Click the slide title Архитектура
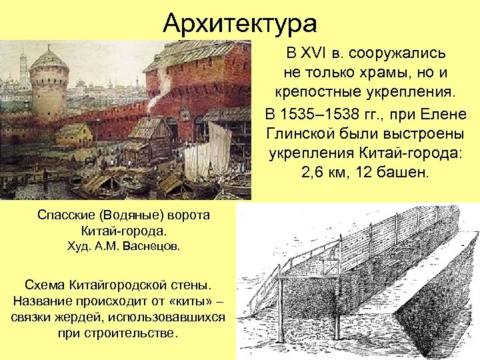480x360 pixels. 240,24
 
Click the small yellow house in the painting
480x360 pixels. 73,135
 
